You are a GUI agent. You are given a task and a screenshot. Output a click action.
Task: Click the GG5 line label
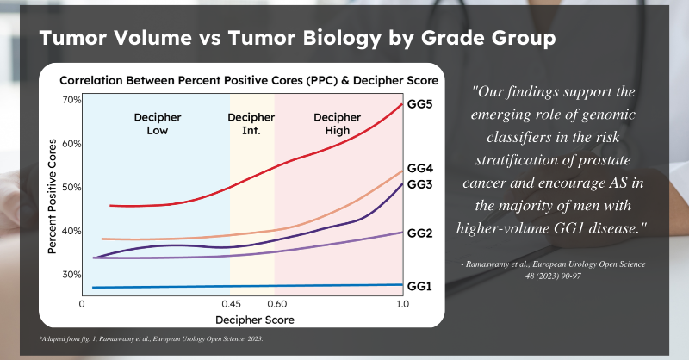click(419, 104)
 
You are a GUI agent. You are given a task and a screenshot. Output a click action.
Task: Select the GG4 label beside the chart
click(420, 168)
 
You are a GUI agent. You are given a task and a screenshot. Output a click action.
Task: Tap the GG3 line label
click(419, 184)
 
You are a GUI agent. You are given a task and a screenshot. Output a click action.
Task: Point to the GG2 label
click(419, 233)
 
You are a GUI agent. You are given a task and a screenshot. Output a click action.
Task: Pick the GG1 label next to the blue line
click(419, 286)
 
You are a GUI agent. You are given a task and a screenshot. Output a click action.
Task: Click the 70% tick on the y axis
click(71, 100)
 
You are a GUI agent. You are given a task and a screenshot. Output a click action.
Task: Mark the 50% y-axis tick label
click(71, 187)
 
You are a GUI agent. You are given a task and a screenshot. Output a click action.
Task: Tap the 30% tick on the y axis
click(71, 275)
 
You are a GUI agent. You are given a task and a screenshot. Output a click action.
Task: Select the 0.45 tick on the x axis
click(231, 304)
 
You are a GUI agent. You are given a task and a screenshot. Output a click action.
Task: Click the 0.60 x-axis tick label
click(276, 304)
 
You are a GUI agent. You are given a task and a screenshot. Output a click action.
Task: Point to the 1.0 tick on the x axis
click(403, 304)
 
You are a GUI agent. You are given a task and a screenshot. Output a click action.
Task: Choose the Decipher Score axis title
click(255, 320)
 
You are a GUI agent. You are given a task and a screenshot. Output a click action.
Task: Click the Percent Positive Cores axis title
click(53, 196)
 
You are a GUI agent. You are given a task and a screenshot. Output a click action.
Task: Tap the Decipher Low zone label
click(158, 124)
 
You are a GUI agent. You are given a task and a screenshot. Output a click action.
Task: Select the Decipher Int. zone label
click(251, 124)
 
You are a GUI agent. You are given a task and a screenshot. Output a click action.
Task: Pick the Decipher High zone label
click(337, 124)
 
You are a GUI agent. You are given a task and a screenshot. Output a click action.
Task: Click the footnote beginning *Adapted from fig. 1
click(152, 339)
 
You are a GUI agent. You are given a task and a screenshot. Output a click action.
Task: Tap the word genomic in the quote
click(609, 115)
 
